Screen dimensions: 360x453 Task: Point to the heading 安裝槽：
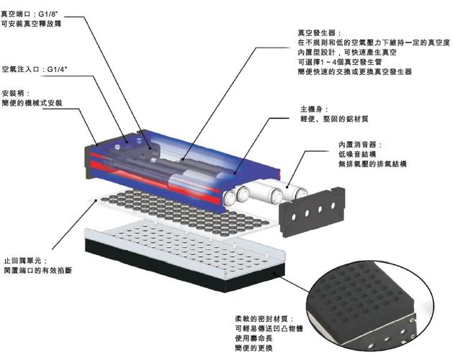[17, 94]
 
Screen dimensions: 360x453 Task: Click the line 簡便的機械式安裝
[33, 104]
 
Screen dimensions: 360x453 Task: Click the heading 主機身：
[314, 109]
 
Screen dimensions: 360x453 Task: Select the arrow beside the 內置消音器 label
[314, 159]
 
